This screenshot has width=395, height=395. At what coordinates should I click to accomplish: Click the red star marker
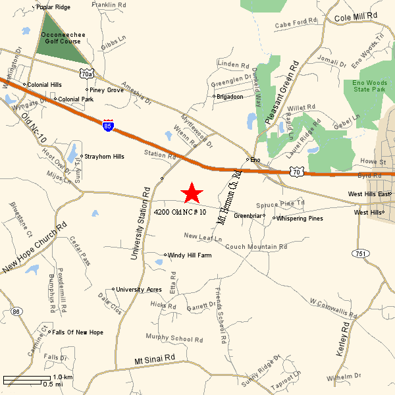point(192,192)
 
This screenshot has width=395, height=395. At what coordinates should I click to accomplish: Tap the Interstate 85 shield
point(108,126)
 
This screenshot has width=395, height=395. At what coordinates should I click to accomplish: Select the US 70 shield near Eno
point(296,172)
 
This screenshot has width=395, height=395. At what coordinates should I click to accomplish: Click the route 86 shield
point(16,311)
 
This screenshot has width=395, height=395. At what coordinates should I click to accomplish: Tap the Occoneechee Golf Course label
point(61,38)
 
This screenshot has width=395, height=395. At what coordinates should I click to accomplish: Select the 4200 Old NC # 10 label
point(180,212)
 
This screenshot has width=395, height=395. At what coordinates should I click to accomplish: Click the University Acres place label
point(139,289)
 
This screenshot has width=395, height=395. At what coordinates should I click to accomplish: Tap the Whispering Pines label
point(300,219)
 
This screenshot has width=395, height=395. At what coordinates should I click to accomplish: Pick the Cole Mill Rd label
point(355,16)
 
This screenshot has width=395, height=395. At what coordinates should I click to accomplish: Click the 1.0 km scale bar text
point(63,377)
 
